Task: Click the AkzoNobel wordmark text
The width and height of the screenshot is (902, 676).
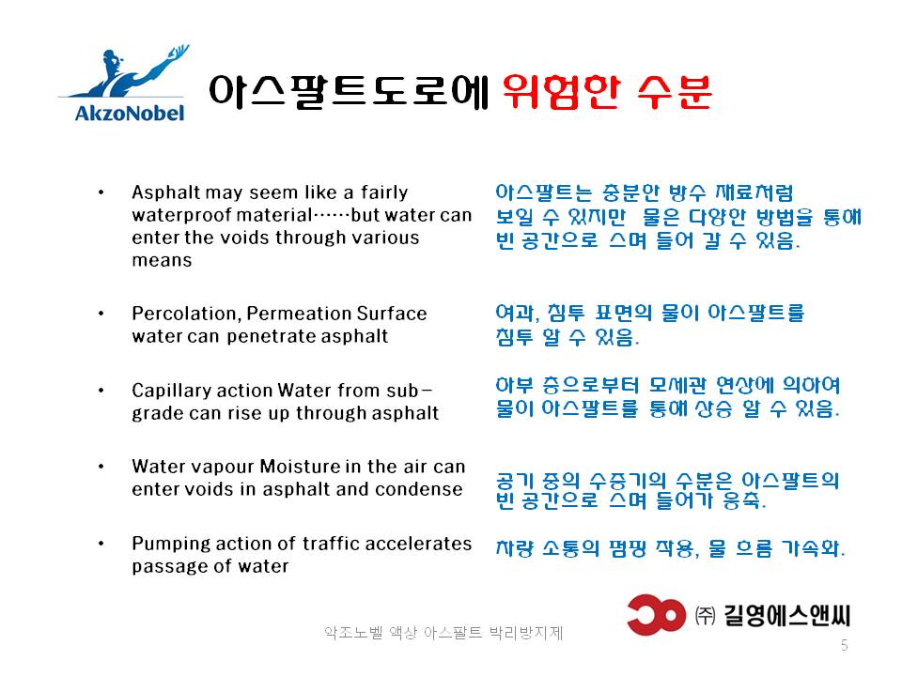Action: tap(130, 113)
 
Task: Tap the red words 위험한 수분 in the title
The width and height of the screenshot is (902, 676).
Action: tap(608, 92)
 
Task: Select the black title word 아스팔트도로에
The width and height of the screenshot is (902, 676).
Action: tap(349, 92)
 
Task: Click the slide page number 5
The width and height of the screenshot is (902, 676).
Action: tap(844, 645)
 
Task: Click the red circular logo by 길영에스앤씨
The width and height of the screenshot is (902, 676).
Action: tap(657, 614)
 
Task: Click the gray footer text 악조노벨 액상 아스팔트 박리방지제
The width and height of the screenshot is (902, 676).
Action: tap(443, 633)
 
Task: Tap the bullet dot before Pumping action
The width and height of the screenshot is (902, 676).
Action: tap(101, 544)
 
